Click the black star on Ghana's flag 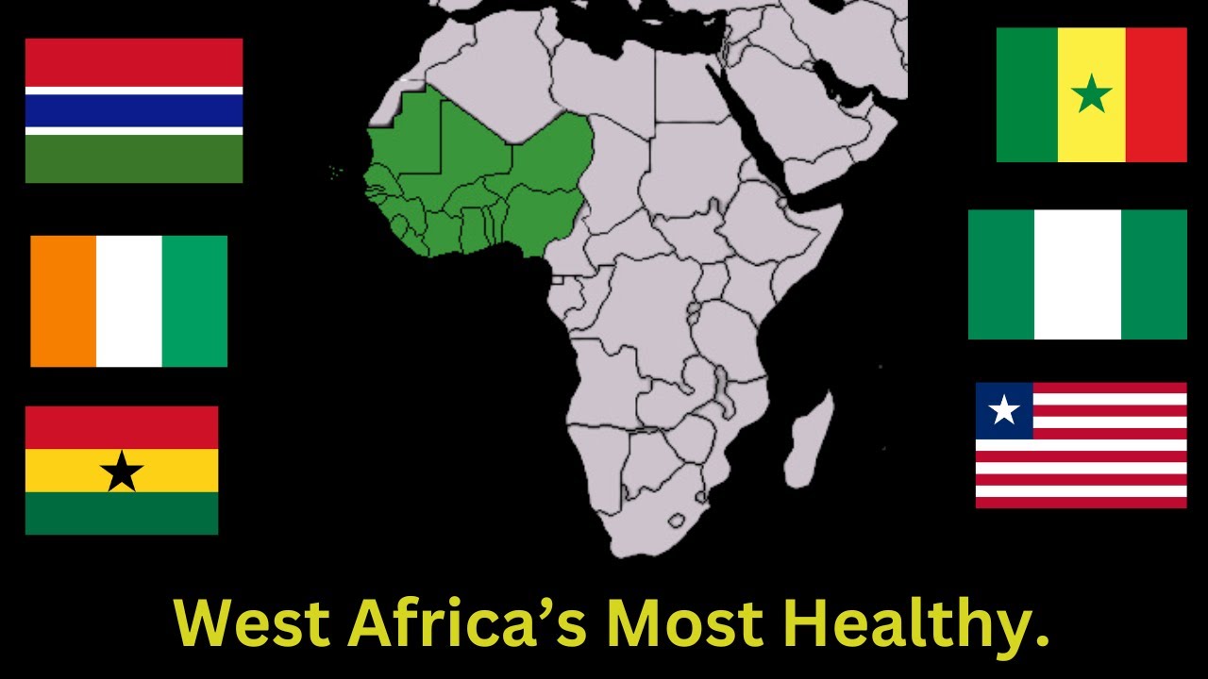[122, 471]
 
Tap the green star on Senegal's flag [1092, 94]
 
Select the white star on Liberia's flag [1004, 410]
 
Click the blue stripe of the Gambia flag [133, 110]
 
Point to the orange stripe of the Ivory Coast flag [63, 301]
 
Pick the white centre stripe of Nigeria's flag [1077, 274]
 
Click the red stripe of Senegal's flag [1156, 94]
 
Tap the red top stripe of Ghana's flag [122, 427]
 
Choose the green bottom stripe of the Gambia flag [133, 158]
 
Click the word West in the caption [252, 623]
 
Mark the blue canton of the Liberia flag [1004, 410]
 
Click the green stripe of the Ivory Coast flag [194, 301]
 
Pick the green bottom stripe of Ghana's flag [122, 513]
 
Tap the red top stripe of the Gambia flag [133, 62]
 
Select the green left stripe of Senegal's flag [1027, 94]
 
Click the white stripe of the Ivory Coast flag [129, 301]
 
